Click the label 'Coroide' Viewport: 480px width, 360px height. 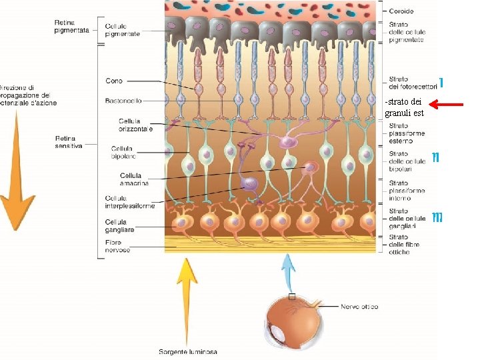tap(402, 11)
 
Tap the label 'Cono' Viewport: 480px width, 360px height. tap(114, 81)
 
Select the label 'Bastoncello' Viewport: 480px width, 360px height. tap(123, 101)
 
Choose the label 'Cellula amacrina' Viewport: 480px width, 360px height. tap(125, 179)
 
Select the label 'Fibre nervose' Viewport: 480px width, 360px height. tap(117, 246)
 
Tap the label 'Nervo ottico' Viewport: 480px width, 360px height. tap(359, 307)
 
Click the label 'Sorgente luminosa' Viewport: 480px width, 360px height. tap(187, 351)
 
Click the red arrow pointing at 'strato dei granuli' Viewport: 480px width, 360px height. tap(446, 105)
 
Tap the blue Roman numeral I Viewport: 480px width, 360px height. tap(442, 83)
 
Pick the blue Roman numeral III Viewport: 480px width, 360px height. tap(437, 217)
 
